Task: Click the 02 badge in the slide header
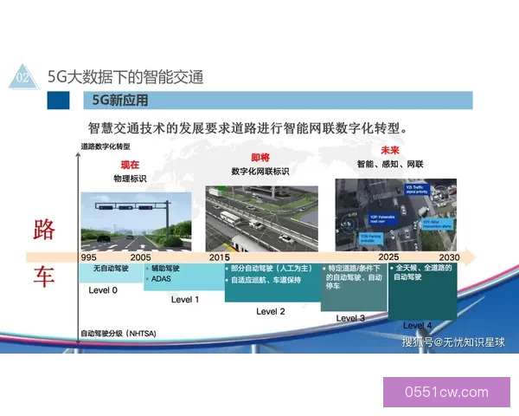coord(22,78)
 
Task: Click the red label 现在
coord(130,165)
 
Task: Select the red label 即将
coord(259,158)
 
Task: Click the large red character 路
coord(44,230)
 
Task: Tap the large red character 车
coord(44,277)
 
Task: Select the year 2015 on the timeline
coord(220,258)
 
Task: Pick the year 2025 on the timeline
coord(388,257)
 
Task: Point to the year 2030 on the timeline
coord(449,257)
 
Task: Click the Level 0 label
coord(104,289)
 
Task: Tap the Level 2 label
coord(271,311)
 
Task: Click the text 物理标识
coord(131,179)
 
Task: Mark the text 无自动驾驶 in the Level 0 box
coord(110,269)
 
